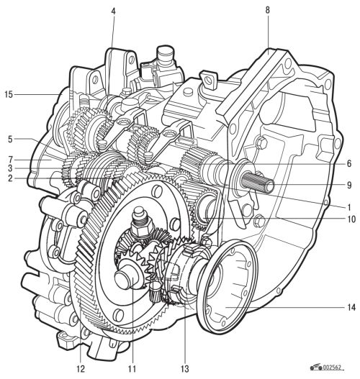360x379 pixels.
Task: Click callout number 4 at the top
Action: (x=114, y=12)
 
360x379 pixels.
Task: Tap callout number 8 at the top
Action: (x=267, y=10)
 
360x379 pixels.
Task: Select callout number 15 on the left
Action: (x=9, y=94)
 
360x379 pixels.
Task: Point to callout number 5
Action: (x=10, y=140)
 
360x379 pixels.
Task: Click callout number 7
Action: (x=10, y=160)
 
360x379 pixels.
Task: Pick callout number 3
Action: (x=10, y=168)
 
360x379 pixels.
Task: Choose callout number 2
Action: (x=10, y=178)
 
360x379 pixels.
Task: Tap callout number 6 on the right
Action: (x=349, y=164)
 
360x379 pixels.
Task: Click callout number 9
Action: (x=349, y=185)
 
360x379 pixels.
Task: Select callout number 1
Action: (x=349, y=207)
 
